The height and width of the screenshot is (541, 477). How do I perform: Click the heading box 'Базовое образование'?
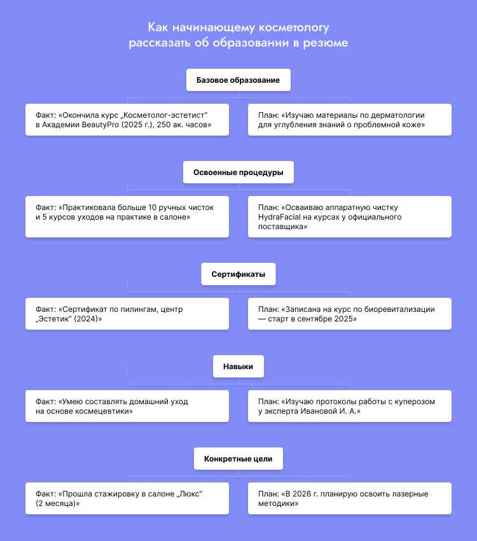(238, 81)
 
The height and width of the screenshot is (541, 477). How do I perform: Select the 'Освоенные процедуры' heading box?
(238, 172)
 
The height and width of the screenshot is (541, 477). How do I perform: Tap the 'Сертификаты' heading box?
(238, 275)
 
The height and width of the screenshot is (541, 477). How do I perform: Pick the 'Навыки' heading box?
(238, 367)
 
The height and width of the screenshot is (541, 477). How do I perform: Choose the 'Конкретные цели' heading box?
(238, 459)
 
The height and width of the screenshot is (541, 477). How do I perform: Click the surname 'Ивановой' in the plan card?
(328, 412)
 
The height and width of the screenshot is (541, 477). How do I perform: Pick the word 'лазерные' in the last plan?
(406, 494)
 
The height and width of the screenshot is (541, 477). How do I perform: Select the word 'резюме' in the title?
(325, 43)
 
